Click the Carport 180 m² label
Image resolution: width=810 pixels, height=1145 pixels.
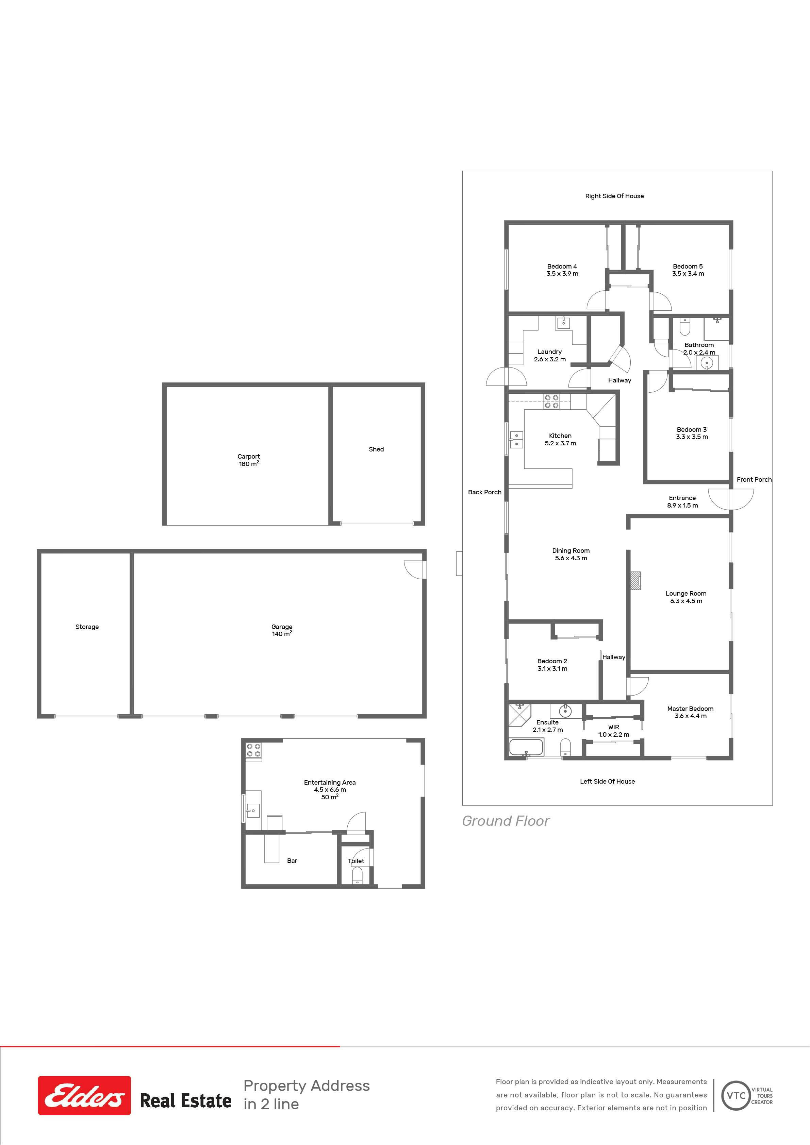pos(249,460)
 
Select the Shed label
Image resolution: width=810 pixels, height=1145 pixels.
pos(376,449)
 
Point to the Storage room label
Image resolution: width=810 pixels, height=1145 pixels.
pos(87,627)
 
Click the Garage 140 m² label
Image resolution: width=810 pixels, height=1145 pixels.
pos(282,630)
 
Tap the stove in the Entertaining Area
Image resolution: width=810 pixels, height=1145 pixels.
pos(253,750)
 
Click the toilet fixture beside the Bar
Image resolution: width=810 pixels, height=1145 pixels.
pos(357,875)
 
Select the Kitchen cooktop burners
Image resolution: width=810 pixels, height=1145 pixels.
pos(551,401)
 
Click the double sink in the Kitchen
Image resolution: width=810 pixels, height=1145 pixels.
pos(516,439)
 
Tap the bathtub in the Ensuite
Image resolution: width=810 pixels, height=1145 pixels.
pos(526,747)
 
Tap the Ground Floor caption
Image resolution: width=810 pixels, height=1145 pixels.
pos(506,821)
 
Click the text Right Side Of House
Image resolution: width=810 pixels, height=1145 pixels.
pos(614,196)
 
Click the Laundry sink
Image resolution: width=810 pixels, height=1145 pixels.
pos(563,323)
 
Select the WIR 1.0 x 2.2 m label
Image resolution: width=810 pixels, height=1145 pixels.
pos(614,731)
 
